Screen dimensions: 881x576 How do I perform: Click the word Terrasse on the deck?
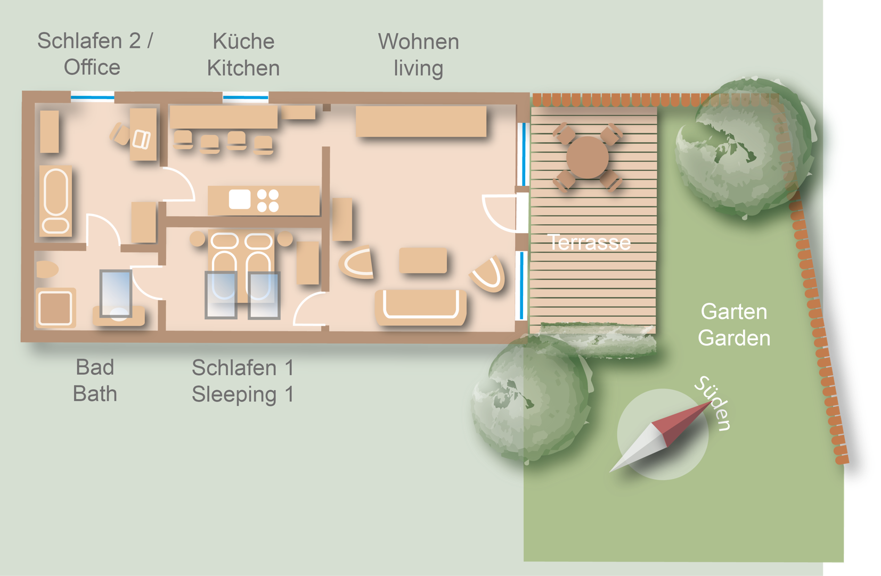[589, 242]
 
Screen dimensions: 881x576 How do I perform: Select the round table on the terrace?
[587, 157]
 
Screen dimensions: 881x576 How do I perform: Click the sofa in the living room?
[421, 308]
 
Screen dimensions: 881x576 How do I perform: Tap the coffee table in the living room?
[423, 260]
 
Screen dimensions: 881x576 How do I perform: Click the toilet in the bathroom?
[47, 269]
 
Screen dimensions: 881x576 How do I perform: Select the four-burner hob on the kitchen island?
[268, 201]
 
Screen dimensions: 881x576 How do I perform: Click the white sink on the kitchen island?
[240, 199]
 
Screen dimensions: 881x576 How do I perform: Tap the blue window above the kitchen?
[246, 97]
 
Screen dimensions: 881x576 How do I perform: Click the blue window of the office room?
[93, 97]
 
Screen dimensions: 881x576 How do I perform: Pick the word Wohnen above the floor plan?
[419, 42]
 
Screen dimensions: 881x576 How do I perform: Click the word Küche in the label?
[243, 42]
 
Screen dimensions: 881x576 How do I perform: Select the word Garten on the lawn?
[734, 312]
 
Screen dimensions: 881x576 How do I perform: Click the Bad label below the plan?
[95, 367]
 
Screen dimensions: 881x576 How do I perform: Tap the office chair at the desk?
[119, 134]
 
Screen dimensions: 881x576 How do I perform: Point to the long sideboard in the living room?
[421, 121]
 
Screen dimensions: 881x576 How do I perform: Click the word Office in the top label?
[92, 67]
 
